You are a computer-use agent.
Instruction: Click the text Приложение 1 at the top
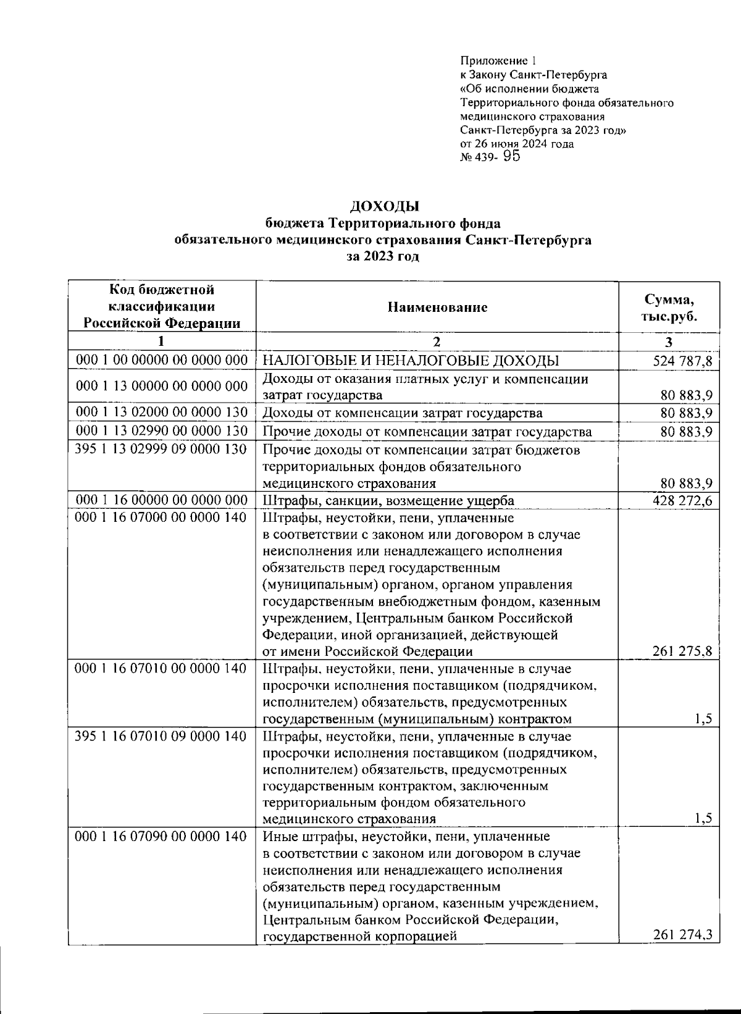coord(498,61)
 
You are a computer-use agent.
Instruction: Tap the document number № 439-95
coord(490,157)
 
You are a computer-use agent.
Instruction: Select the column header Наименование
coord(437,307)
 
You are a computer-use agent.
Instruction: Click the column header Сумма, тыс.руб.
coord(669,308)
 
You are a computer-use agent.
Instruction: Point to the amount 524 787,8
coord(682,361)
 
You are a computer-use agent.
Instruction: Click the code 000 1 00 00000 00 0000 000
coord(162,360)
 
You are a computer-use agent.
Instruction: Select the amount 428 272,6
coord(682,500)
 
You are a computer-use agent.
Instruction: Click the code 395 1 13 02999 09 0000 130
coord(162,450)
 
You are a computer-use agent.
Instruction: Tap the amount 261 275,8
coord(682,651)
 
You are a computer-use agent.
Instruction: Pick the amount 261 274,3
coord(682,936)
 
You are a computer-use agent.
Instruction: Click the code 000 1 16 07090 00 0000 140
coord(162,836)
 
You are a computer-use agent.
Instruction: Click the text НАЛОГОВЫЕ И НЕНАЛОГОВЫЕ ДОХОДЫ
coord(411,361)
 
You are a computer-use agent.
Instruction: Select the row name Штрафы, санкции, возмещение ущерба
coord(388,500)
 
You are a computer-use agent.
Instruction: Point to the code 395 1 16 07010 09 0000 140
coord(162,736)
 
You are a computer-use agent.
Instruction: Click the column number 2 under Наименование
coord(437,342)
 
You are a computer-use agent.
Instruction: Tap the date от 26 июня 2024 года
coord(517,144)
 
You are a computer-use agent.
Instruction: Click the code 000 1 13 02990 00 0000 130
coord(162,431)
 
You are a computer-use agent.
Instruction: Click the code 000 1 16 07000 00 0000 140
coord(162,517)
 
